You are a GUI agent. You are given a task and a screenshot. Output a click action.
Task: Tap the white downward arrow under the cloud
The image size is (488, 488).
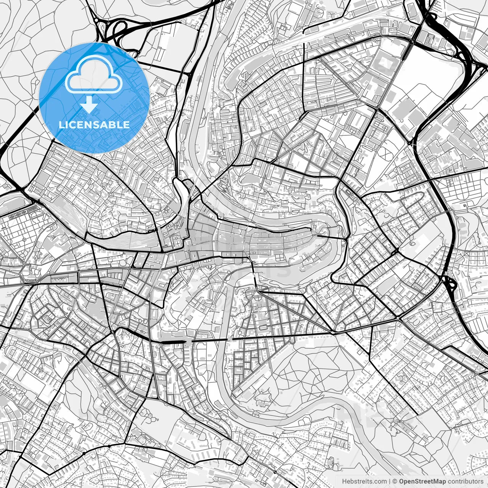[x=89, y=104]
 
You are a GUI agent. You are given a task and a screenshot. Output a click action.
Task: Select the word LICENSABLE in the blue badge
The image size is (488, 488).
[x=94, y=125]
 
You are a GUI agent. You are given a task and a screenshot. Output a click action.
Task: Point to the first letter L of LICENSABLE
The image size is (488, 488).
[x=61, y=125]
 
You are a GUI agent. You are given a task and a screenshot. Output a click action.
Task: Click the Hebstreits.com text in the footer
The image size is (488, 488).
[x=364, y=482]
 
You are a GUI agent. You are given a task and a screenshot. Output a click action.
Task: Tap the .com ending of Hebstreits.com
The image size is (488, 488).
[x=379, y=482]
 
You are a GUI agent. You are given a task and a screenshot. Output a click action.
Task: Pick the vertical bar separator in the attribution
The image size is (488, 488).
[x=390, y=482]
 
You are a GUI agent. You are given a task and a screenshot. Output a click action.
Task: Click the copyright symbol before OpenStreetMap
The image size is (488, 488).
[x=395, y=482]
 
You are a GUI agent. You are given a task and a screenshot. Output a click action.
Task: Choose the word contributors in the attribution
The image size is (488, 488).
[x=466, y=482]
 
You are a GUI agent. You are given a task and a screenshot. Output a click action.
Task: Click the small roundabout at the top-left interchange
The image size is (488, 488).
[x=97, y=20]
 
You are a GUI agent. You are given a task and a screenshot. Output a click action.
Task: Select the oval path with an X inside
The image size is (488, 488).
[x=385, y=152]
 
